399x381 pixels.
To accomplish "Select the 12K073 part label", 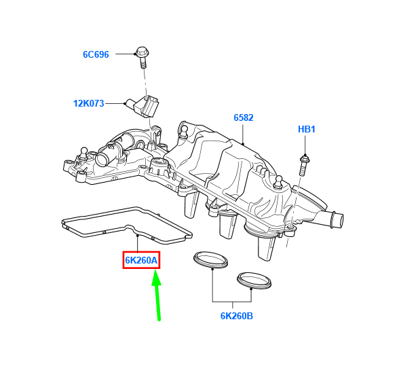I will coord(88,104).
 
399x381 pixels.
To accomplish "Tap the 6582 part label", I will coord(244,118).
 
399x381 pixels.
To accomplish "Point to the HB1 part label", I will coord(307,129).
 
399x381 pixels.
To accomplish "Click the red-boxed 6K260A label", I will coord(142,260).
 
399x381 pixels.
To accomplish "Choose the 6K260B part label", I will coord(236,316).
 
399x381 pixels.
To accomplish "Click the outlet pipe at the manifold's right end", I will coord(332,220).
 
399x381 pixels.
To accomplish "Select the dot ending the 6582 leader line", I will coord(244,144).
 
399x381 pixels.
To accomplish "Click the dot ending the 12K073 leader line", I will coord(126,104).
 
